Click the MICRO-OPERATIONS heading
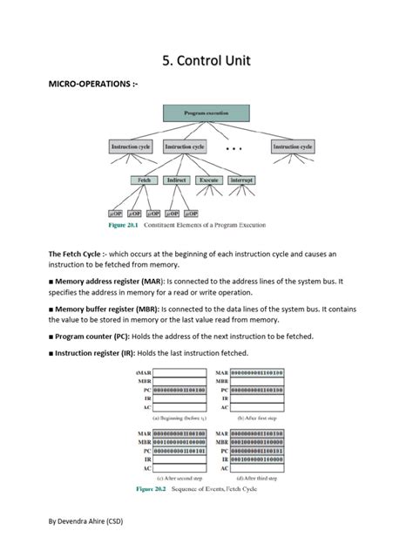point(85,85)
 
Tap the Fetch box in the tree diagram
point(143,180)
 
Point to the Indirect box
point(176,180)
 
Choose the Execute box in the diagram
point(209,180)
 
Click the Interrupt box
point(241,180)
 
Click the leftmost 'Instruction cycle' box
point(131,147)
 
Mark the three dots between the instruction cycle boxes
point(234,149)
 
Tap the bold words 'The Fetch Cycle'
point(78,254)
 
